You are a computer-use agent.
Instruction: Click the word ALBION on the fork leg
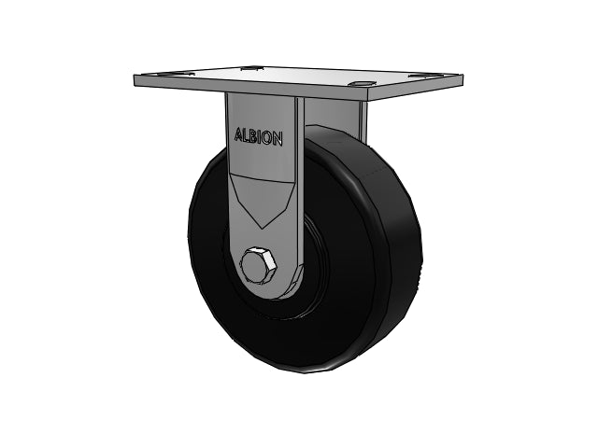pyautogui.click(x=259, y=137)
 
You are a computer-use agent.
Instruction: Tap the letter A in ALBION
pyautogui.click(x=239, y=134)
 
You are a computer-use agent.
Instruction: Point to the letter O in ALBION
pyautogui.click(x=268, y=139)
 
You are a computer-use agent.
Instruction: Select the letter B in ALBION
pyautogui.click(x=254, y=137)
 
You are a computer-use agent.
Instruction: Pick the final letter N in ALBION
pyautogui.click(x=278, y=140)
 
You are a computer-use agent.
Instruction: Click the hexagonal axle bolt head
pyautogui.click(x=258, y=264)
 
